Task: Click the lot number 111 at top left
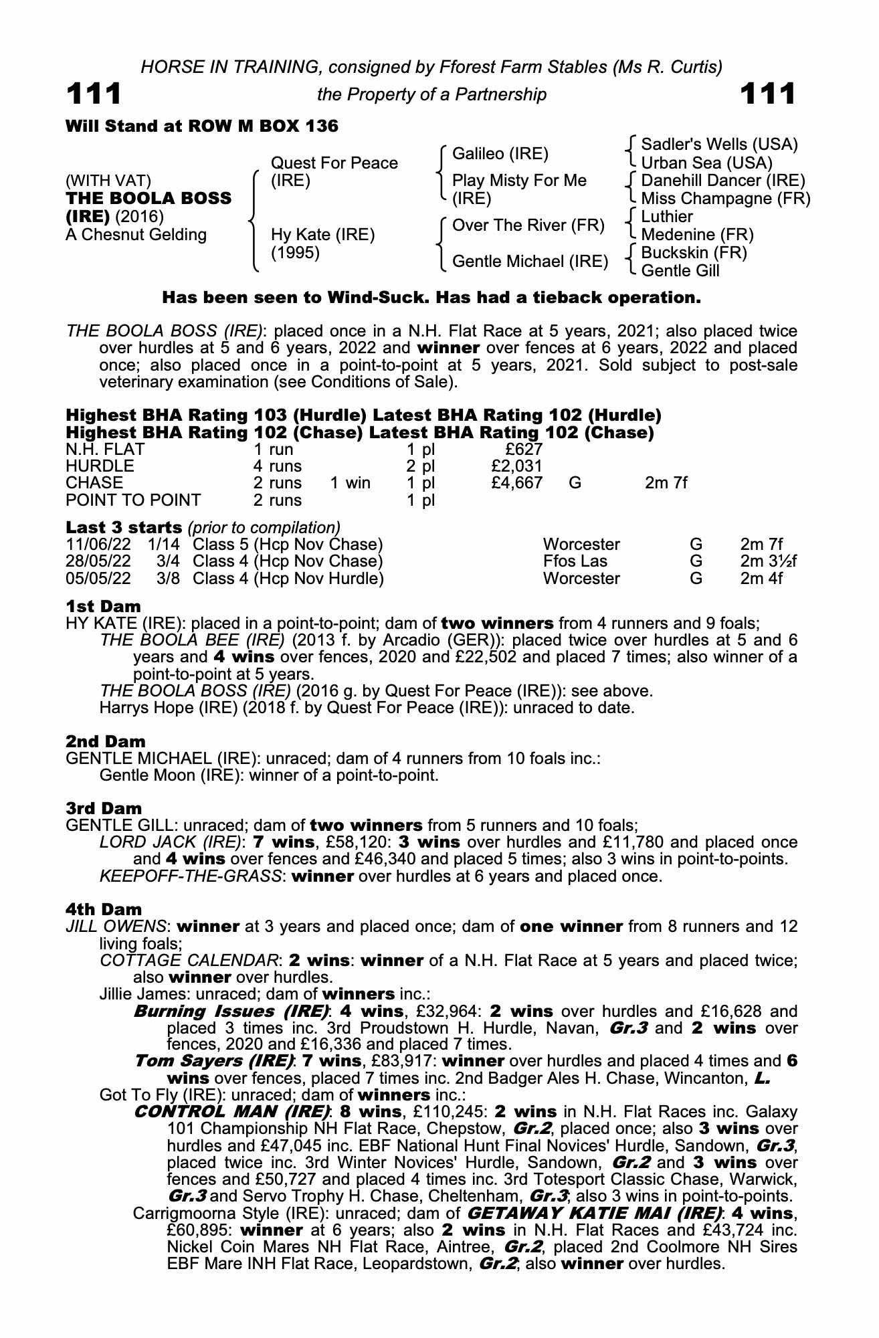pyautogui.click(x=94, y=94)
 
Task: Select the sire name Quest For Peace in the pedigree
pyautogui.click(x=334, y=163)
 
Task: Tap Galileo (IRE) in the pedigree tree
pyautogui.click(x=500, y=154)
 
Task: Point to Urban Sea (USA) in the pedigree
pyautogui.click(x=706, y=163)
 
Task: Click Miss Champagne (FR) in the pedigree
pyautogui.click(x=725, y=199)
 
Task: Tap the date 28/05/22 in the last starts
pyautogui.click(x=98, y=561)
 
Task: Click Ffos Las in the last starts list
pyautogui.click(x=575, y=561)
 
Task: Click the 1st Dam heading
pyautogui.click(x=103, y=607)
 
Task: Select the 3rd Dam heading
pyautogui.click(x=104, y=809)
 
